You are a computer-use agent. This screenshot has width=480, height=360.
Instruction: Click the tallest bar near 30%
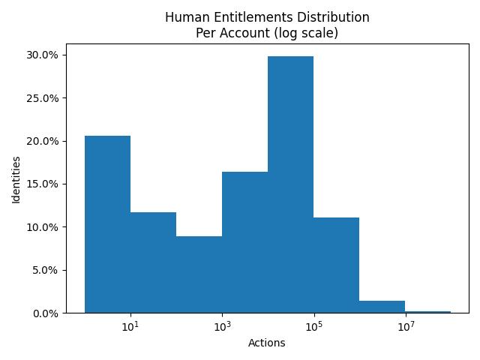coord(290,184)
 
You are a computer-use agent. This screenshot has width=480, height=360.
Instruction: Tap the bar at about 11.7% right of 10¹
coord(153,262)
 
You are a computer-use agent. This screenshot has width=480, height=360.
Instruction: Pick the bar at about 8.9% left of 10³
coord(199,274)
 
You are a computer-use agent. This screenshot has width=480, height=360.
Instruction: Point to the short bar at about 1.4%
coord(382,307)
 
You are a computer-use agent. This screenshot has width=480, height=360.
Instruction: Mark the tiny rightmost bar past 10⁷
coord(427,311)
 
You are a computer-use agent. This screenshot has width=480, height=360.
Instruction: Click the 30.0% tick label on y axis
coord(43,55)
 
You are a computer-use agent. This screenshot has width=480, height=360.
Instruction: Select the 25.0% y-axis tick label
coord(43,98)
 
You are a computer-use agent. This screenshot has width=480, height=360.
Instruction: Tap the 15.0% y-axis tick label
coord(43,184)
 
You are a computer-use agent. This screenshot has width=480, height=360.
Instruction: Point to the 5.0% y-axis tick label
coord(46,270)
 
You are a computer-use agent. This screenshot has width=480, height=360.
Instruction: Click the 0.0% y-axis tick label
coord(46,313)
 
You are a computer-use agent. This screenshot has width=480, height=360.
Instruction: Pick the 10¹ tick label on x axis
coord(130,327)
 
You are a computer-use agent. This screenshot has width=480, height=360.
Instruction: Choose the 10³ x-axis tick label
coord(222,327)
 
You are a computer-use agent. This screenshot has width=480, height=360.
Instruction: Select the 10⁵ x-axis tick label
coord(313,327)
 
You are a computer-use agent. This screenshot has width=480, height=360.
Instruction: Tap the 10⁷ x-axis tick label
coord(405,327)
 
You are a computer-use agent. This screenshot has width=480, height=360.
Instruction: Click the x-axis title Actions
coord(266,343)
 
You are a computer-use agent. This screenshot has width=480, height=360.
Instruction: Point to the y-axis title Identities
coord(16,184)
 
